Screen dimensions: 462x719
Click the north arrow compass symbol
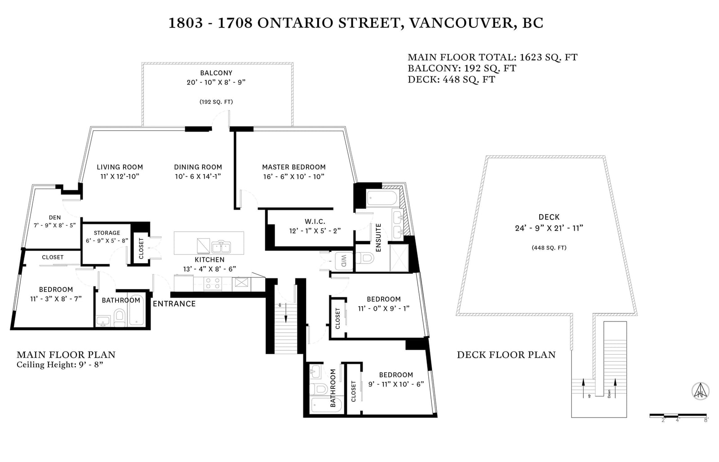[701, 391]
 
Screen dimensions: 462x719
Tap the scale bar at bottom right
[678, 415]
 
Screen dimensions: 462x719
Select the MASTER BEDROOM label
[294, 167]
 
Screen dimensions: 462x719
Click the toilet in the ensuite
[366, 259]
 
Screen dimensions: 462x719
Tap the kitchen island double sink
[221, 247]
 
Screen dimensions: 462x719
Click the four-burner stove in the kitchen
[213, 283]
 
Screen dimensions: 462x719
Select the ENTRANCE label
[174, 304]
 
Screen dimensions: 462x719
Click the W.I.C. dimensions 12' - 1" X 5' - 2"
[315, 231]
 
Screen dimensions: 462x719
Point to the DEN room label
[55, 217]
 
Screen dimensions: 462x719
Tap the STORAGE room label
[107, 233]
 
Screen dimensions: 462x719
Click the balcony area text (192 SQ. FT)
[216, 102]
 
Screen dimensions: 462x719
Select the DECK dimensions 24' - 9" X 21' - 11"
[549, 228]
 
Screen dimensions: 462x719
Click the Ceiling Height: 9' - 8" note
[60, 365]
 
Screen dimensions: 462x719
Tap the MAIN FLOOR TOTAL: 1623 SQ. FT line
[492, 57]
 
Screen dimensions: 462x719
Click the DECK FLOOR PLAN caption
[506, 355]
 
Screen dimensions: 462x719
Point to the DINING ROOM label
[198, 167]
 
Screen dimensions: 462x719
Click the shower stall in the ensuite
[399, 258]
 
